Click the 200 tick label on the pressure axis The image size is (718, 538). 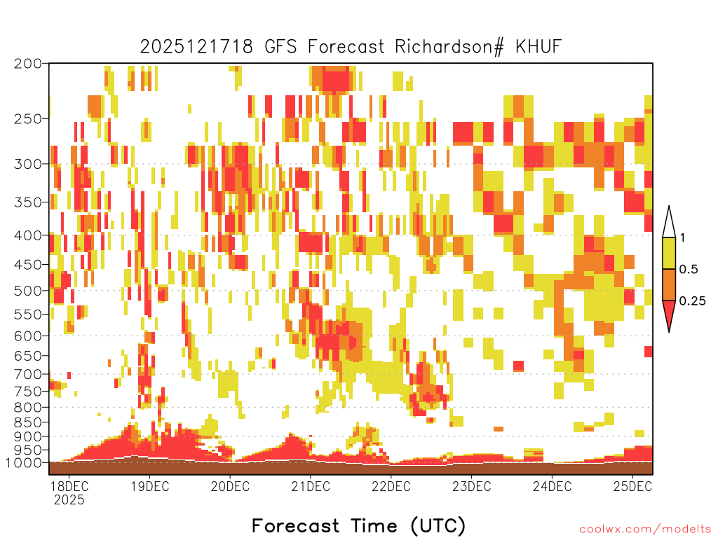(x=27, y=64)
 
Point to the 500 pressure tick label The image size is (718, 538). (x=27, y=291)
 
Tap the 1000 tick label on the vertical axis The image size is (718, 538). (x=23, y=462)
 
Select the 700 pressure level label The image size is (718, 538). (x=27, y=374)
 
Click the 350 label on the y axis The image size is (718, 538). (x=27, y=202)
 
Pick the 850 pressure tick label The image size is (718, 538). (x=27, y=422)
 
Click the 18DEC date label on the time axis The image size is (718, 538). (x=69, y=486)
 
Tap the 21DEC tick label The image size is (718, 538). (x=311, y=486)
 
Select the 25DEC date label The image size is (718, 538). (x=632, y=486)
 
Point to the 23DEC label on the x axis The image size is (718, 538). (x=472, y=486)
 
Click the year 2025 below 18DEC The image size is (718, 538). (x=69, y=499)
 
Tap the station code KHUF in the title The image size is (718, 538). (x=538, y=47)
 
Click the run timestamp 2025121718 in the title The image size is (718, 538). (x=196, y=47)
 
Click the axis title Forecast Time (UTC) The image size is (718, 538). (x=358, y=525)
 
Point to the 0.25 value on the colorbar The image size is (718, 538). (x=692, y=301)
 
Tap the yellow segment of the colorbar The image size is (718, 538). (x=669, y=253)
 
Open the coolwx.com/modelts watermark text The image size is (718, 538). (x=645, y=530)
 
